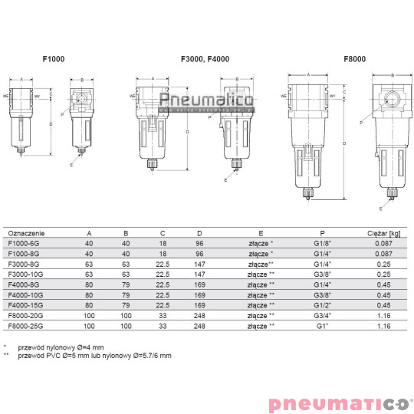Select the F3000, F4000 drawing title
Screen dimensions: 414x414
point(205,59)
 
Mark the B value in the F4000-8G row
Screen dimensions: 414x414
point(126,283)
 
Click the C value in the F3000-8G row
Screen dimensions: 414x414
point(162,262)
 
